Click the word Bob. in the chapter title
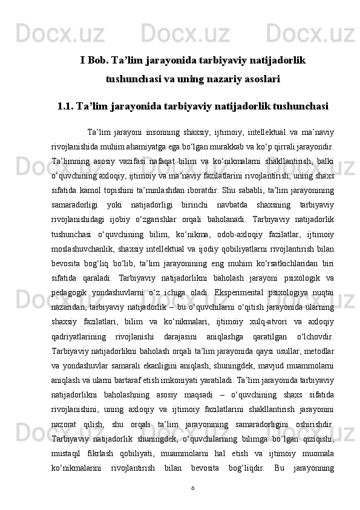pyautogui.click(x=101, y=60)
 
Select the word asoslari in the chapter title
pyautogui.click(x=258, y=79)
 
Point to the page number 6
pyautogui.click(x=192, y=488)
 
